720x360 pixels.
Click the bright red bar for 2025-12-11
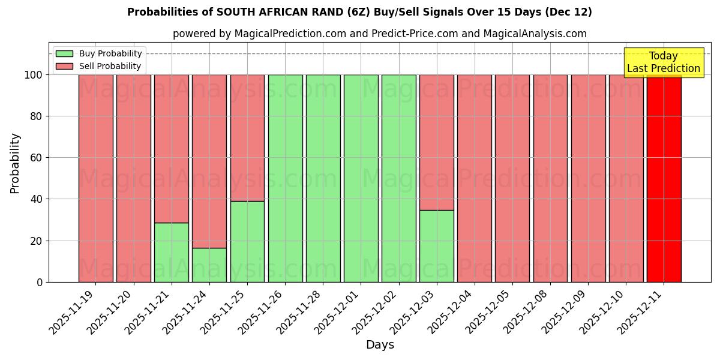664,178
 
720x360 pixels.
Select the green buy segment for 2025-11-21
172,252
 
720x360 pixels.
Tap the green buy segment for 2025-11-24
209,265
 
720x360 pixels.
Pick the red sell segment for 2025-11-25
247,137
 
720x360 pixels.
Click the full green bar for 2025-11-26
285,178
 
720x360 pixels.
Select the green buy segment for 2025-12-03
436,246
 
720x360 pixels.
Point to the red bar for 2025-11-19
95,178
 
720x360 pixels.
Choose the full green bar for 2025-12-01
361,178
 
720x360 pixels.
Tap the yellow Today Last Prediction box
663,62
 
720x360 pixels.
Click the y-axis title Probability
15,163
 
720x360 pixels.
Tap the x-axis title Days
380,345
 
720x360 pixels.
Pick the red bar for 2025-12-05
512,178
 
